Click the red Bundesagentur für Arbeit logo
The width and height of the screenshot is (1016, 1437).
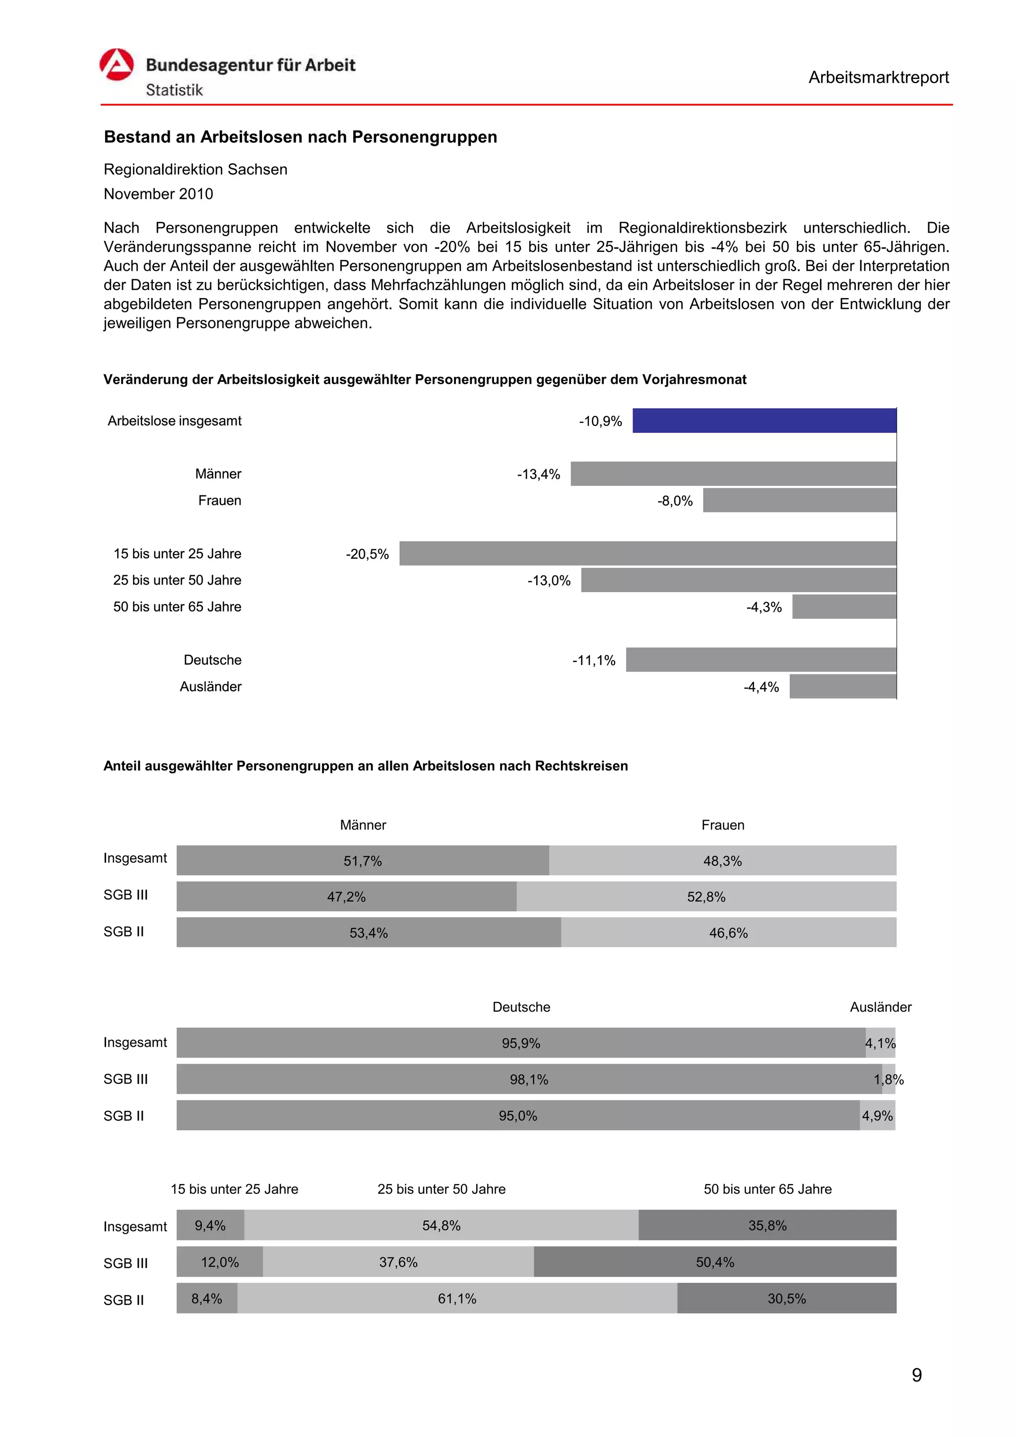(117, 64)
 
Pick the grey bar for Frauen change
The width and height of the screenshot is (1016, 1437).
(799, 500)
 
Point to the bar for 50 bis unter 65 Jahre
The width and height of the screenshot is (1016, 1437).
(843, 606)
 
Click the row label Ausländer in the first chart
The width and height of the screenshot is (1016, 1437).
(210, 687)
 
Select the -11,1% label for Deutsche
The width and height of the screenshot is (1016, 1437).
(593, 660)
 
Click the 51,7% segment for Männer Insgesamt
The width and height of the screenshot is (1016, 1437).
(363, 861)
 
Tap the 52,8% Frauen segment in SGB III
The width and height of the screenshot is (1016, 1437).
(705, 896)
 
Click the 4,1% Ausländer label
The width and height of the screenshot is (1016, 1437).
(880, 1043)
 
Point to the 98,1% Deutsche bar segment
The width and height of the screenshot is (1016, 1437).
(528, 1079)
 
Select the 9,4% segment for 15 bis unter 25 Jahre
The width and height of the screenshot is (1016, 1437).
(210, 1225)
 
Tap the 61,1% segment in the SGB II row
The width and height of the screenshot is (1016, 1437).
(456, 1298)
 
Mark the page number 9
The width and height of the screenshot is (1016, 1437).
(916, 1375)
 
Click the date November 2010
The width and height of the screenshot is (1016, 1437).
(158, 194)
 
